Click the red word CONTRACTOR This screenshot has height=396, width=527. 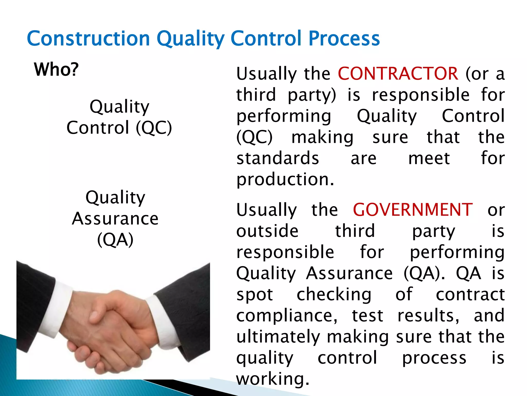[x=398, y=74]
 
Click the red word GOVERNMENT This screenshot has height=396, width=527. [x=412, y=210]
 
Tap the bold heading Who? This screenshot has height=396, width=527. [x=56, y=70]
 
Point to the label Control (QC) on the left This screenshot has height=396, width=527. [x=119, y=128]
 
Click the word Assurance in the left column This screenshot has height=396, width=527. [x=115, y=219]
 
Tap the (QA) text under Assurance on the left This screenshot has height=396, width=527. [x=115, y=240]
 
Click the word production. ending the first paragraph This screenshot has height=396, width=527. [x=285, y=180]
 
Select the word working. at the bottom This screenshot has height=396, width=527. [x=273, y=379]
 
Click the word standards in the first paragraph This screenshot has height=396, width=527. [x=278, y=158]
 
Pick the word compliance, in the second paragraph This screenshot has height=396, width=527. [x=287, y=316]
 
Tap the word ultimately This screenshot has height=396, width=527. [x=278, y=337]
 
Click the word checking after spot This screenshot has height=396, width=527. [x=334, y=294]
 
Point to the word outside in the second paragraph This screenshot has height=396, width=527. [x=267, y=231]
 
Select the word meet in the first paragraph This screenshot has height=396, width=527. [x=429, y=158]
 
